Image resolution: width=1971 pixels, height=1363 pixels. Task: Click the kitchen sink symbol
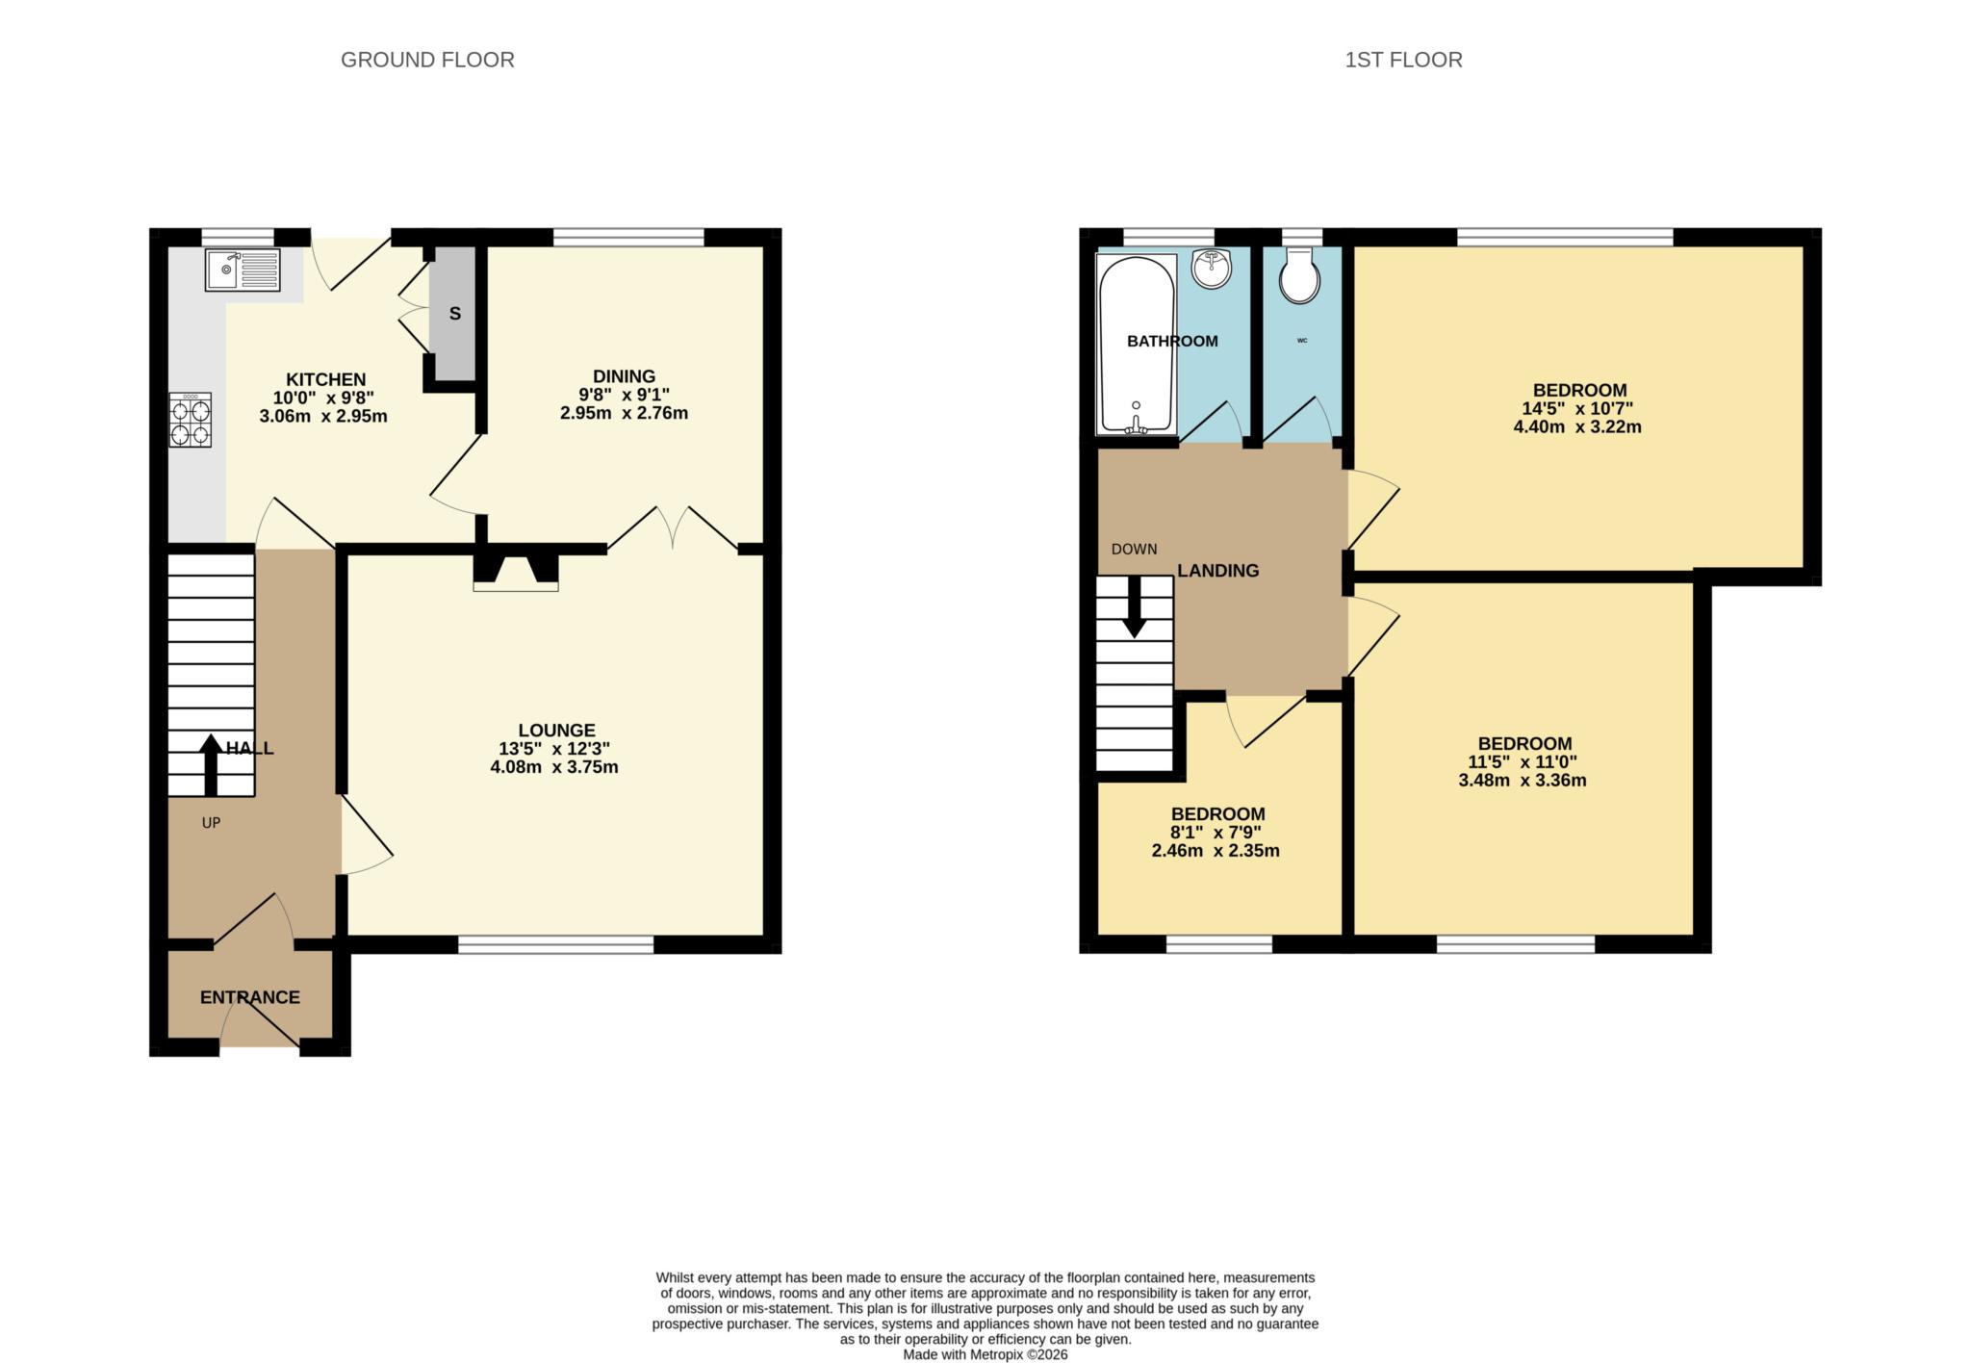pyautogui.click(x=242, y=270)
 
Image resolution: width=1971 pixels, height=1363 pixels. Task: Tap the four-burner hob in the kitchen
pyautogui.click(x=191, y=421)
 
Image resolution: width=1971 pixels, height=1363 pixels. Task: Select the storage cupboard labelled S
pyautogui.click(x=454, y=314)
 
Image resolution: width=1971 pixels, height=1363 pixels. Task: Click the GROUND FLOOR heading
pyautogui.click(x=427, y=60)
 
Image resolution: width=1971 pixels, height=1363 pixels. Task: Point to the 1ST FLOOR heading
pyautogui.click(x=1402, y=60)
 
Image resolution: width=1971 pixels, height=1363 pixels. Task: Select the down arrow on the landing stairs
pyautogui.click(x=1135, y=607)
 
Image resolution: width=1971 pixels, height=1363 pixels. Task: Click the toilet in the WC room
pyautogui.click(x=1299, y=277)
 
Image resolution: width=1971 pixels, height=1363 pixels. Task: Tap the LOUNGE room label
pyautogui.click(x=556, y=731)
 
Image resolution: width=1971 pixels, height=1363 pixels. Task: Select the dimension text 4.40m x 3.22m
pyautogui.click(x=1577, y=426)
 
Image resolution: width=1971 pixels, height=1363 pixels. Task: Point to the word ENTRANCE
pyautogui.click(x=249, y=997)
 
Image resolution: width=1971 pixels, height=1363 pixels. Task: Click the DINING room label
pyautogui.click(x=624, y=376)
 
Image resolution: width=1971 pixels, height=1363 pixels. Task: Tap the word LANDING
pyautogui.click(x=1217, y=571)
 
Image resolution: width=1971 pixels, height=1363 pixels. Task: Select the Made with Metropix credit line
pyautogui.click(x=985, y=1354)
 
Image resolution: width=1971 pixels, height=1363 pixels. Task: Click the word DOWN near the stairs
pyautogui.click(x=1134, y=550)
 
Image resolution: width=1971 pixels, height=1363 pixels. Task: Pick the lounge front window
pyautogui.click(x=555, y=945)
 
